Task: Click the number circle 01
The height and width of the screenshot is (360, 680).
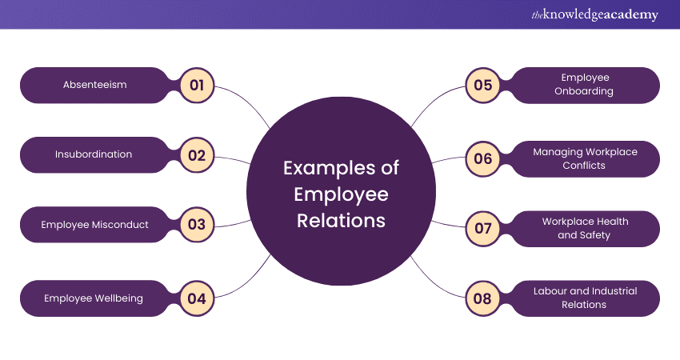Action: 197,85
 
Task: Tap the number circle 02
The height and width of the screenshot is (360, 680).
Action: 197,154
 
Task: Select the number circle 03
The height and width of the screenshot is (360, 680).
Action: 197,225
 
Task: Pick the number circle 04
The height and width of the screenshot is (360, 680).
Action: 197,298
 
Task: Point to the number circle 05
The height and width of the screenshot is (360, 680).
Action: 482,86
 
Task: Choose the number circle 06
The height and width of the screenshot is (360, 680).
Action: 482,158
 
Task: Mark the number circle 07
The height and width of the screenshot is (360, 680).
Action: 482,229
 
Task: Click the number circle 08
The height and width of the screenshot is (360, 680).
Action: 482,298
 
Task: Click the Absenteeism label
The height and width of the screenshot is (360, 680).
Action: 95,85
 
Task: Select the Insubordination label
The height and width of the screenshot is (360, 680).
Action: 94,154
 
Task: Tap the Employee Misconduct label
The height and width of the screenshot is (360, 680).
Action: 95,225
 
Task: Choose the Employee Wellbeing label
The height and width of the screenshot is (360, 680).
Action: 94,298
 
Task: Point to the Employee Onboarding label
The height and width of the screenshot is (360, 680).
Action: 585,85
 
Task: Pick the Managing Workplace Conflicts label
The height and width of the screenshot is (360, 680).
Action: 585,158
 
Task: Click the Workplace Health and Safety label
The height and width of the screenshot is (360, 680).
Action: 585,229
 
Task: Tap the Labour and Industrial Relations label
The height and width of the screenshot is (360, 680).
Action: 585,298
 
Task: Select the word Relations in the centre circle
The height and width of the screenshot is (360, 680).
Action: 341,220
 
